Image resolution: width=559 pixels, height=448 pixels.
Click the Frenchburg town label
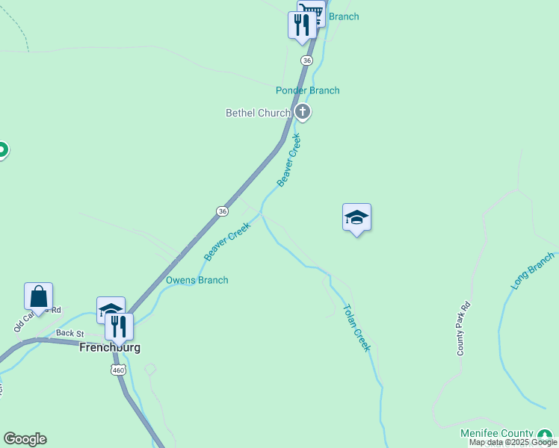pos(110,348)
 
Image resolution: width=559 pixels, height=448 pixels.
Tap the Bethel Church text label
pos(258,113)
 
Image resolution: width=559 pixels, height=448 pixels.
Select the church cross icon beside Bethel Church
pos(303,113)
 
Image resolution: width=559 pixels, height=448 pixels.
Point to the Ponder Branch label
pos(307,90)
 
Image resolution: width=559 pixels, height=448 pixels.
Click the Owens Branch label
pos(197,280)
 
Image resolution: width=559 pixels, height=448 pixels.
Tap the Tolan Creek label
pos(356,328)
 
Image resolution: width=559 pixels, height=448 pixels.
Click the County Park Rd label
pos(465,328)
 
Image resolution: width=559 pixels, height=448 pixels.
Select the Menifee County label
pos(496,434)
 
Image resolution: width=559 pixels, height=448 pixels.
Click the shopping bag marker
pos(38,296)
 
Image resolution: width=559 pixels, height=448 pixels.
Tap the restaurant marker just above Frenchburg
pos(119,326)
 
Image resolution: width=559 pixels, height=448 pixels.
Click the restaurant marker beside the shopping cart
pos(301,24)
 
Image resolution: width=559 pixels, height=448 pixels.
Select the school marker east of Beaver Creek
pos(356,217)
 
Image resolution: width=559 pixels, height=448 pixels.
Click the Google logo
pos(25,439)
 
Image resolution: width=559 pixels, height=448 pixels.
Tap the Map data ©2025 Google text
pos(512,443)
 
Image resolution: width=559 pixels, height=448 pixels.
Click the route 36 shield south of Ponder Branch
pos(222,211)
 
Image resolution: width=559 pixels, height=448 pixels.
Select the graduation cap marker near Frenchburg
pos(110,308)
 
